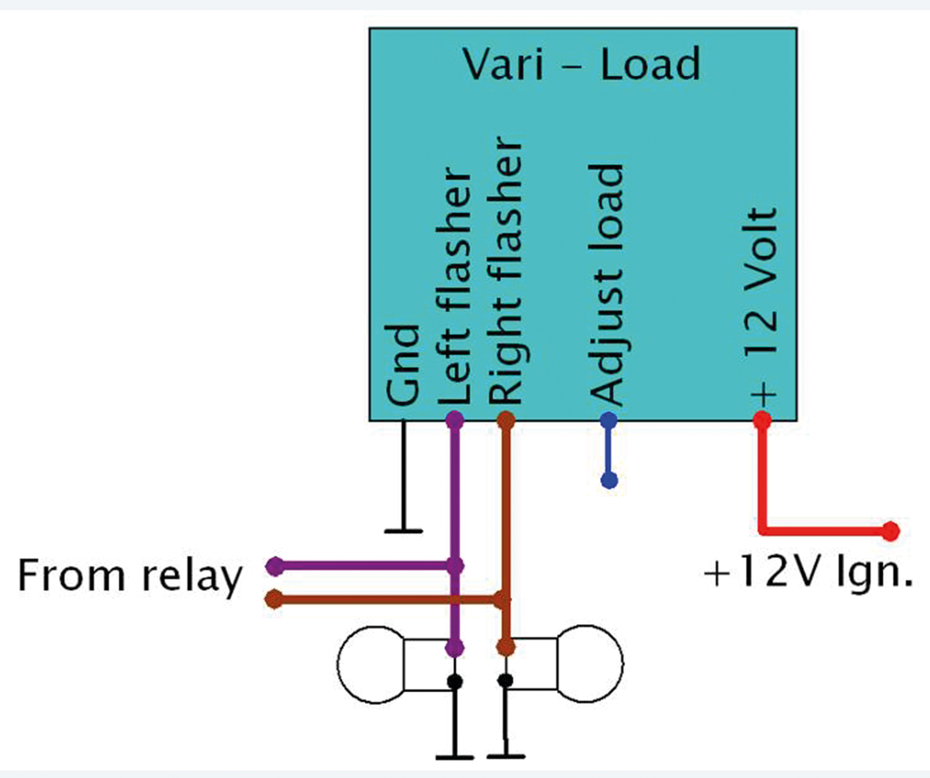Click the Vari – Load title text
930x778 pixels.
[581, 64]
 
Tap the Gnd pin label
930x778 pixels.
[403, 365]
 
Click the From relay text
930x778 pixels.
[130, 578]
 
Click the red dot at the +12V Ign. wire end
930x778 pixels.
[891, 532]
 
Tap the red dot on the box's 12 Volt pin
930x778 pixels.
[761, 421]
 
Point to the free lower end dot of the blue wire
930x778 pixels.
[610, 481]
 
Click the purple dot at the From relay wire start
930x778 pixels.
[275, 564]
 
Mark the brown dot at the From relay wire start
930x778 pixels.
[275, 600]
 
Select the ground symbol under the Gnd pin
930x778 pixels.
[403, 530]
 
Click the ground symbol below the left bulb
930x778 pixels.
[455, 757]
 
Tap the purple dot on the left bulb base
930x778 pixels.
[455, 648]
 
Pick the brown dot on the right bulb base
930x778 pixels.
[506, 648]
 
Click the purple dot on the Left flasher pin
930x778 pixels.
[455, 421]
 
